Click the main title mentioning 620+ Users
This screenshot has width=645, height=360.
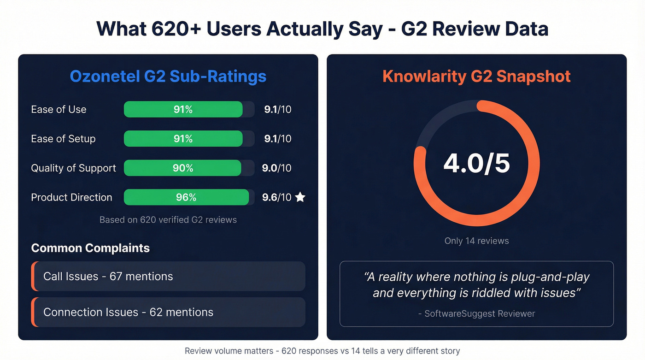click(x=322, y=29)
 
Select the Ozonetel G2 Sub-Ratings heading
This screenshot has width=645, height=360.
click(x=168, y=76)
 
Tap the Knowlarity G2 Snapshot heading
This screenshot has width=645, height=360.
click(x=476, y=76)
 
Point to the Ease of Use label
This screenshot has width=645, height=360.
click(x=59, y=110)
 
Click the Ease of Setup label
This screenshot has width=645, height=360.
click(x=63, y=139)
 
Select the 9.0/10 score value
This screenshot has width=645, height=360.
click(x=276, y=168)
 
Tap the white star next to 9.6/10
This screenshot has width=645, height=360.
click(x=300, y=197)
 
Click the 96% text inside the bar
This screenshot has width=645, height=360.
click(x=186, y=197)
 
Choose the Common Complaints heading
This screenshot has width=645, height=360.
click(x=90, y=248)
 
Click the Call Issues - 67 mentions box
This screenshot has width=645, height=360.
click(x=168, y=277)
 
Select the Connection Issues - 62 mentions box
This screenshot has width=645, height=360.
click(x=168, y=312)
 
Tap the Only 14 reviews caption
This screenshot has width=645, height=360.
click(x=476, y=241)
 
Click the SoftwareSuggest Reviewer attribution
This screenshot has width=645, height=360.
click(x=476, y=313)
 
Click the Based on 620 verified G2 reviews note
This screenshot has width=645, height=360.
click(x=168, y=220)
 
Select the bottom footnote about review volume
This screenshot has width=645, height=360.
click(x=322, y=351)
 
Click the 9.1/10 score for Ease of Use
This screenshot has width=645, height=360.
click(x=277, y=110)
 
